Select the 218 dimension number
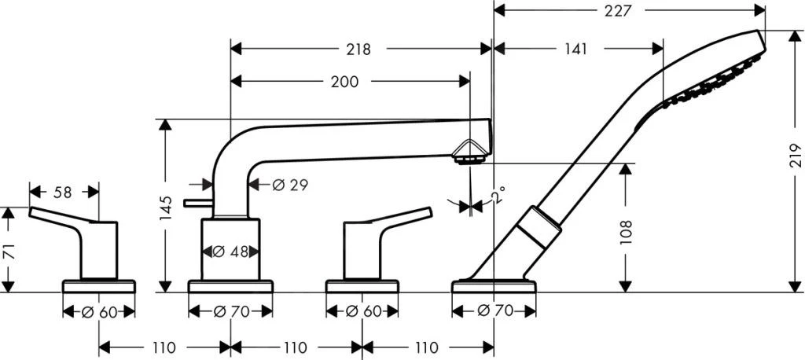358,49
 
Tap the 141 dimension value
575,49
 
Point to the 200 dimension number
344,81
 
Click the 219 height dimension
791,162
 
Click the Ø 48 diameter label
230,252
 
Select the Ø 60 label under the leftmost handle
99,312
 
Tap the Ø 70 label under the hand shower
494,312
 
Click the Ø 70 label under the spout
231,312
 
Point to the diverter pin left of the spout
196,204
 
